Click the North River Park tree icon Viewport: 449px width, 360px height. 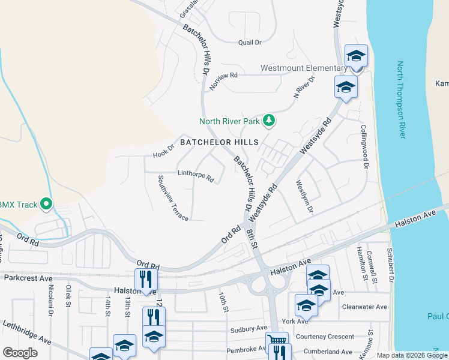click(270, 121)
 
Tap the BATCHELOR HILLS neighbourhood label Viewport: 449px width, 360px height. click(219, 143)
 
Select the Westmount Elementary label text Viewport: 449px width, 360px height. click(304, 68)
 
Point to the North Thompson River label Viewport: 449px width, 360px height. click(401, 100)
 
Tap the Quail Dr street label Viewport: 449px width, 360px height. click(250, 43)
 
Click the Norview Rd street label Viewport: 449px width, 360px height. click(224, 80)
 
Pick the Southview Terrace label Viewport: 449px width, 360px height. click(173, 197)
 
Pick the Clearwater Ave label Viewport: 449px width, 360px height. click(364, 307)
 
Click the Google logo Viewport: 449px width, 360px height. click(20, 353)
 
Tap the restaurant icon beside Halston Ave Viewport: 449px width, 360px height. click(146, 279)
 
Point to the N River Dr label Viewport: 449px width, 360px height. click(304, 87)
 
